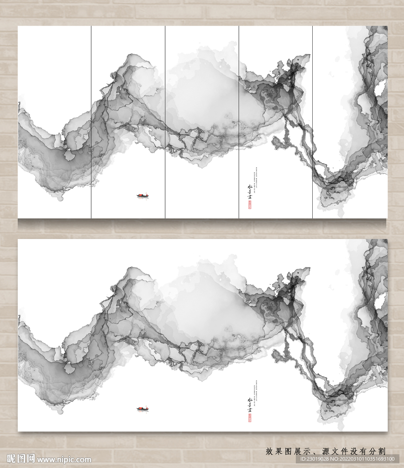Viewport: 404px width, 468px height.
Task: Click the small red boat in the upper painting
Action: point(142,196)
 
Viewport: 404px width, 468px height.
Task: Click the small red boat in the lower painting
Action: point(142,409)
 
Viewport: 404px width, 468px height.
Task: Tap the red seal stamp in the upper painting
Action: point(250,205)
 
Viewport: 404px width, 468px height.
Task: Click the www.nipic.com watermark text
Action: point(64,459)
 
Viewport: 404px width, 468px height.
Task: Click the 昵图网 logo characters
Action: point(21,458)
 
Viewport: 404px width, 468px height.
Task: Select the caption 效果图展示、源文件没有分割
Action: point(325,451)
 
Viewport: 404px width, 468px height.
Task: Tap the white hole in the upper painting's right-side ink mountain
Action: point(380,88)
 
